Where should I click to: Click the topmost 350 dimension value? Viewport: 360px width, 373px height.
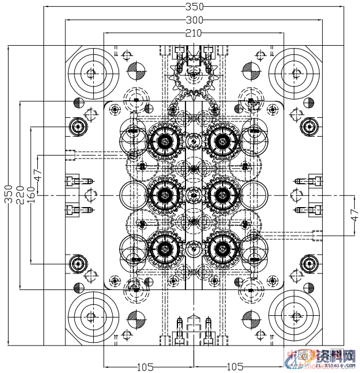(195, 7)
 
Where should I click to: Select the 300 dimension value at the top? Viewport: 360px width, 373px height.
(195, 20)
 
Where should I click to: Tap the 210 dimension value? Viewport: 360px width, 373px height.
(193, 33)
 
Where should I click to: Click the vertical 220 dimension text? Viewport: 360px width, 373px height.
(20, 195)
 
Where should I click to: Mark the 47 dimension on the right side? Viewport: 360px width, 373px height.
(354, 216)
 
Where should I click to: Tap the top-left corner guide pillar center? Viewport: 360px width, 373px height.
(90, 73)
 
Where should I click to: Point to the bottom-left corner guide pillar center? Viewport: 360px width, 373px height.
(90, 317)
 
